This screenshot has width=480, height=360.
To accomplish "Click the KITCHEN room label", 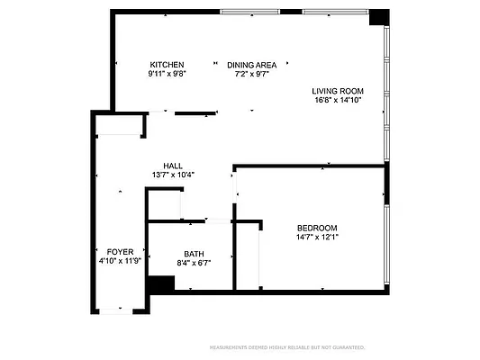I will click(x=168, y=65).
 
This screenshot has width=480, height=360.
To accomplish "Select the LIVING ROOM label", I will click(x=337, y=91).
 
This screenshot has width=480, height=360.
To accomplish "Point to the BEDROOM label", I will click(x=317, y=228).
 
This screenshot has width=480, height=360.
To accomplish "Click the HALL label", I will click(x=173, y=166).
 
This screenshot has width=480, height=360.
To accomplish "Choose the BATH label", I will click(x=194, y=254).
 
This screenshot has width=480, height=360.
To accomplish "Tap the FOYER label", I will click(x=120, y=251).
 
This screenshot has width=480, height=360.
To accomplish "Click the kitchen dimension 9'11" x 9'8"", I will click(x=168, y=74).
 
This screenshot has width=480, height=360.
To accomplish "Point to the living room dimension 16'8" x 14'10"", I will click(x=337, y=101).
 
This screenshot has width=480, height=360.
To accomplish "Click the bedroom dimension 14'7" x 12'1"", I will click(x=317, y=238).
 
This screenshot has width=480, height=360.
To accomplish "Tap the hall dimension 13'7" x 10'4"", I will click(x=173, y=175).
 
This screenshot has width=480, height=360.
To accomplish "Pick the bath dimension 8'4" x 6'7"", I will click(x=194, y=263).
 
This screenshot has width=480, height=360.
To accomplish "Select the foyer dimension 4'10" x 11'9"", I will click(x=120, y=260).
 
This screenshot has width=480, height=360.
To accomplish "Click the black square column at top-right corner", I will click(x=379, y=16).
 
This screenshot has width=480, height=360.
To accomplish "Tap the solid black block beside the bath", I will click(x=160, y=283).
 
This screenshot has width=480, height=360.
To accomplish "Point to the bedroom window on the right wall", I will click(x=387, y=243).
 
